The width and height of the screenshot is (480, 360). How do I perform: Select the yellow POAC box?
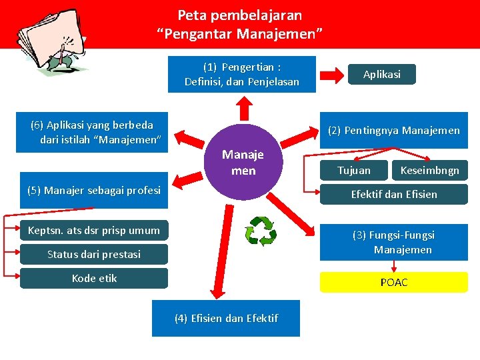(393, 282)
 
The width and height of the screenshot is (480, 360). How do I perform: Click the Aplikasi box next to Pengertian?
(381, 74)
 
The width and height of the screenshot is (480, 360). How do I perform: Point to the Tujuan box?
(353, 170)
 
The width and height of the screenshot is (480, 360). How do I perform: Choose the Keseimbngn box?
(429, 170)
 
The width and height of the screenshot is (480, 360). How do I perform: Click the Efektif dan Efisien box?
(393, 194)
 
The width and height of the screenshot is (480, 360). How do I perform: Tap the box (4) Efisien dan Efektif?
(226, 318)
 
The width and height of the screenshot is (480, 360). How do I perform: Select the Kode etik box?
(94, 278)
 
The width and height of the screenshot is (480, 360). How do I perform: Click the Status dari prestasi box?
(94, 254)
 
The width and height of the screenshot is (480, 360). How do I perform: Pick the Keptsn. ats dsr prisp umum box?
(94, 231)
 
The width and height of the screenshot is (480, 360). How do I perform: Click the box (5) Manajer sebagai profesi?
(94, 190)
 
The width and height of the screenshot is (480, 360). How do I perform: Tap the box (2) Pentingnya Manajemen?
(393, 130)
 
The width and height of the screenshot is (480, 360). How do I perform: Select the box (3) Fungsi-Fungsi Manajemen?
(393, 242)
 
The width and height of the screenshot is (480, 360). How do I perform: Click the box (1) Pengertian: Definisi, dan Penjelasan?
(241, 75)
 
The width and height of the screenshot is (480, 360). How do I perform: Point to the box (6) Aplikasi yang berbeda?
(91, 132)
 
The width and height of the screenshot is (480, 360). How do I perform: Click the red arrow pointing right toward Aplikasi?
(330, 73)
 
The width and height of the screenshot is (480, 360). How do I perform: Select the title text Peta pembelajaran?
(239, 15)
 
